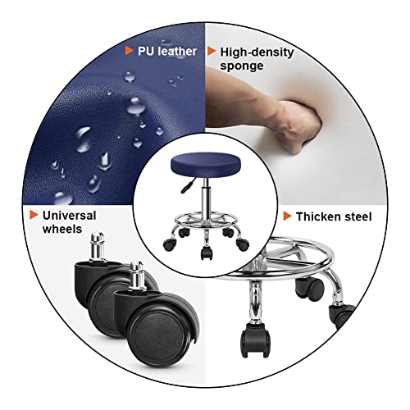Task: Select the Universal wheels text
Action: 69,222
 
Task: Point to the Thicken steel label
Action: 334,216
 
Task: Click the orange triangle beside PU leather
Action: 129,52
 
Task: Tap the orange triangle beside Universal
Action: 34,216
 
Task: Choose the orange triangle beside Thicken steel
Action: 287,216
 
